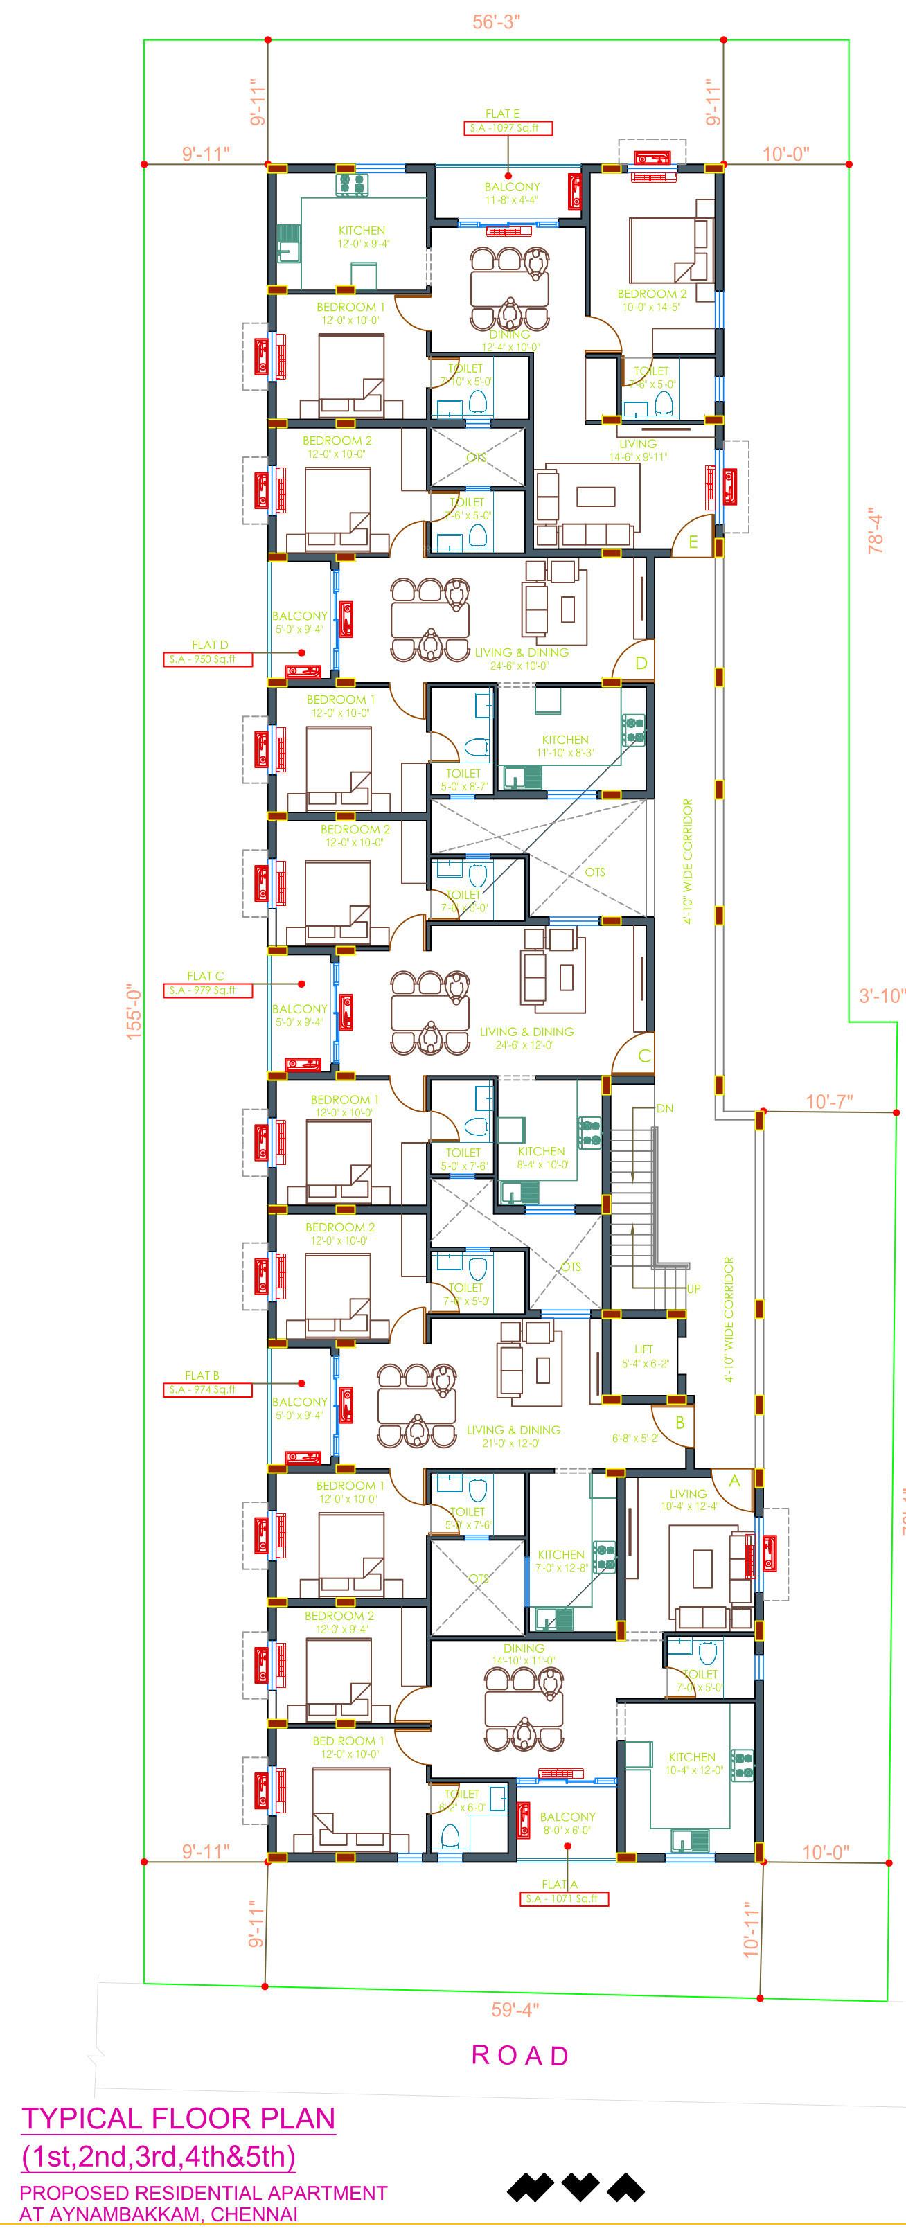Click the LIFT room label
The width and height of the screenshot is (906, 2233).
[644, 1349]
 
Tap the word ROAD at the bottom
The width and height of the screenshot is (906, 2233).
[520, 2055]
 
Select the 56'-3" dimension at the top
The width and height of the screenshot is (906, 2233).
[496, 21]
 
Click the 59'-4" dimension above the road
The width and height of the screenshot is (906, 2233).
[515, 2009]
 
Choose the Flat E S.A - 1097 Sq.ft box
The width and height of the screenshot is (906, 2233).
[507, 128]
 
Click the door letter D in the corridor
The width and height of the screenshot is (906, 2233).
[641, 663]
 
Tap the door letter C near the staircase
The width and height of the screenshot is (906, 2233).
[644, 1056]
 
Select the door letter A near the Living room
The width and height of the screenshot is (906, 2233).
[734, 1482]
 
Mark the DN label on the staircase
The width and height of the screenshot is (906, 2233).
[665, 1107]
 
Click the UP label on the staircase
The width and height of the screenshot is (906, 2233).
[693, 1289]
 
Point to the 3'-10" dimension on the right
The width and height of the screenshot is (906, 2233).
[882, 996]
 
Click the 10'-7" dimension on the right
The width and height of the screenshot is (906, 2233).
[829, 1101]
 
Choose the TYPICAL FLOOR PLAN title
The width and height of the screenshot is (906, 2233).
[179, 2118]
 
